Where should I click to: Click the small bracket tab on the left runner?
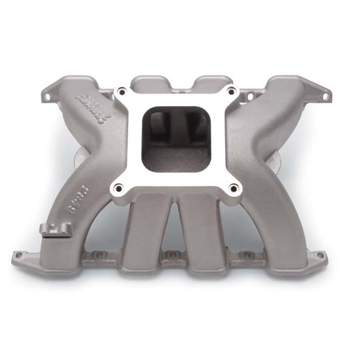[x=54, y=230]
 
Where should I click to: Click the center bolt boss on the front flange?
[x=171, y=255]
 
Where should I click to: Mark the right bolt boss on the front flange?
[x=245, y=254]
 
